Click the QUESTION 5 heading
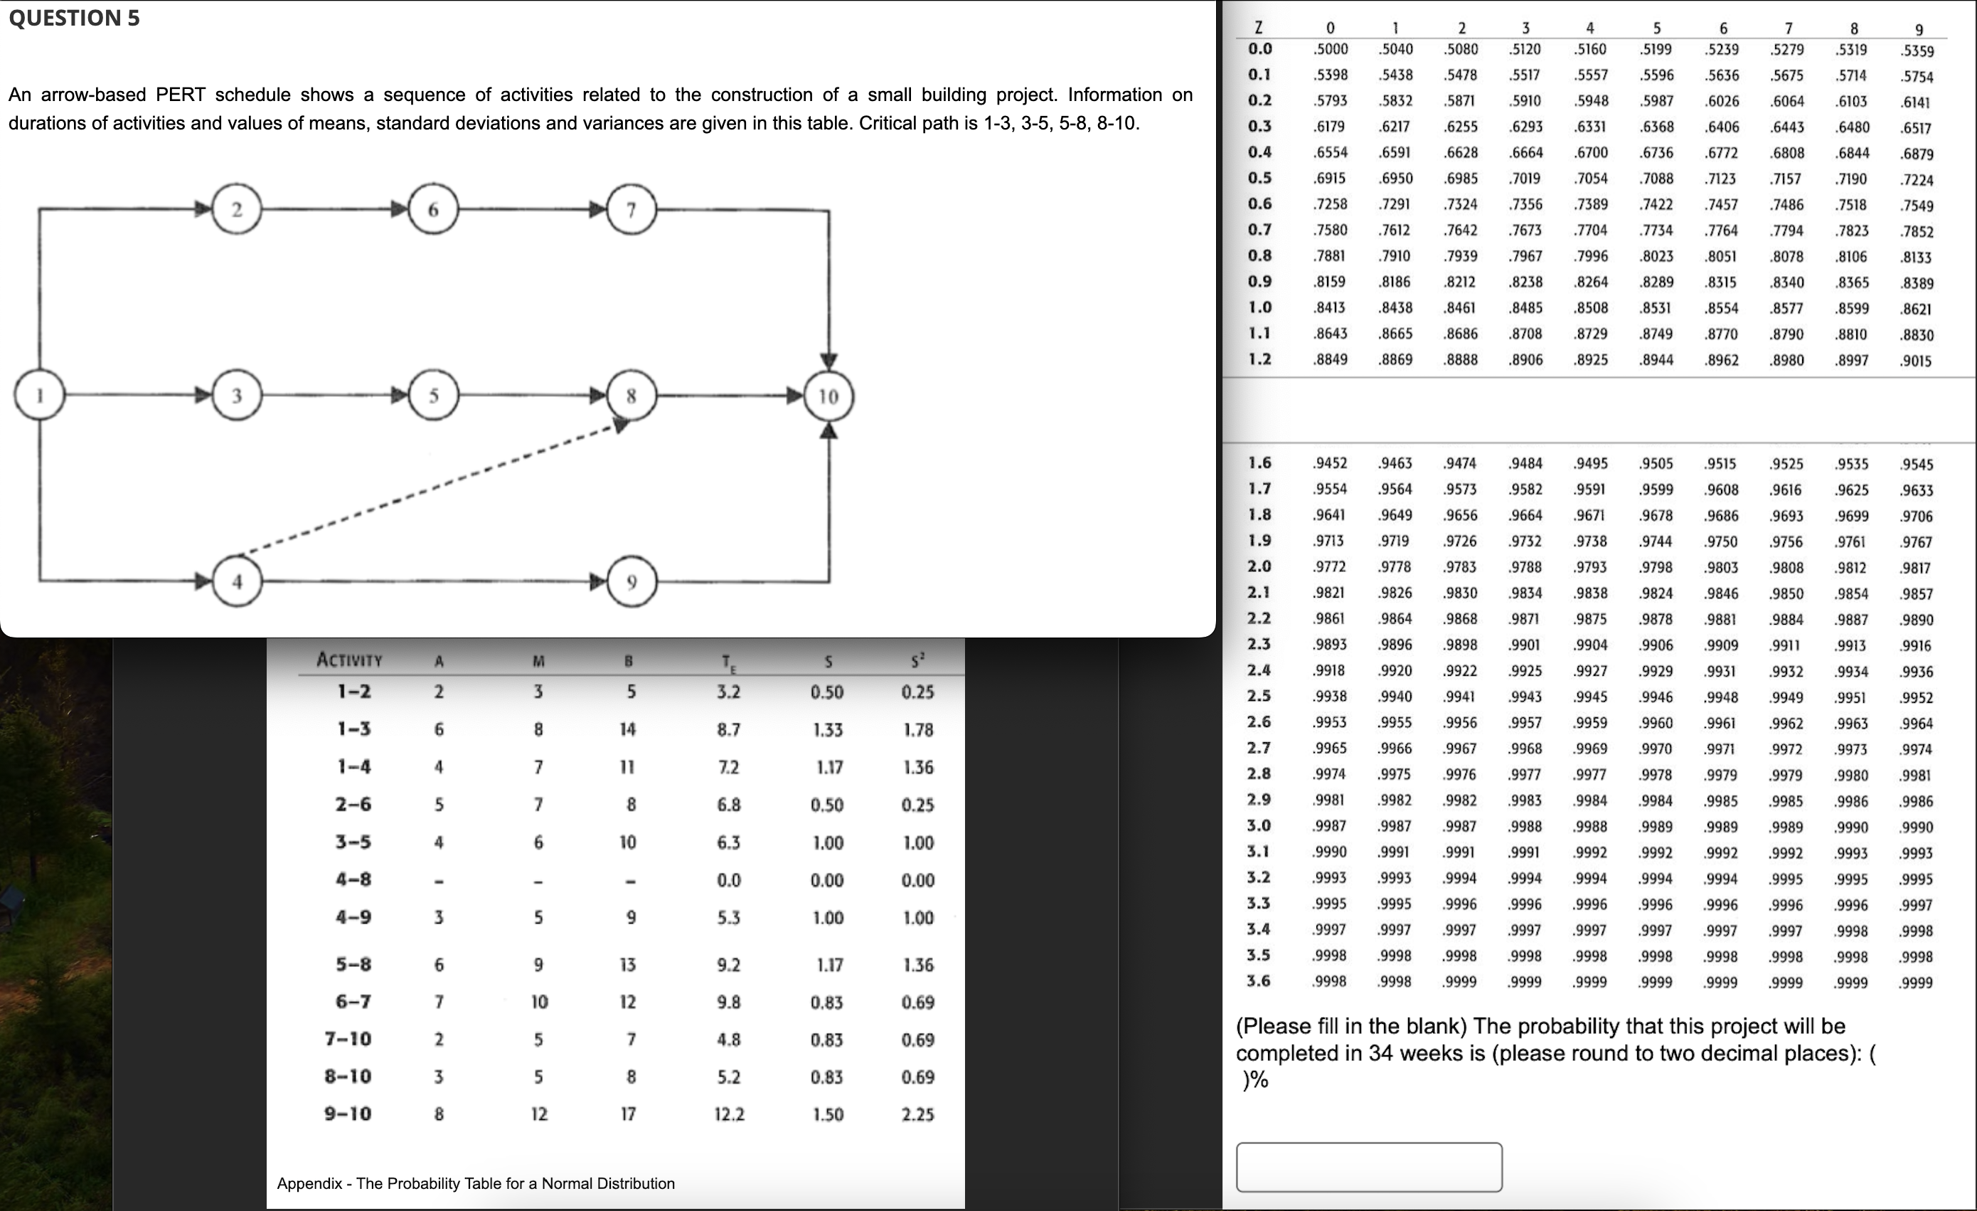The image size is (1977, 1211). pos(74,18)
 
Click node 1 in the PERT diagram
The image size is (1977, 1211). pos(39,394)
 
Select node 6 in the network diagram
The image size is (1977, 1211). pos(433,209)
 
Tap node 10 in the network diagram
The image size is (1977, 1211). pos(828,396)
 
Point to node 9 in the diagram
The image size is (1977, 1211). pos(632,582)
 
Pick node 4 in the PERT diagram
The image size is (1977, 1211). pos(237,582)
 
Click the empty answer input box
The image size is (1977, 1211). pos(1368,1166)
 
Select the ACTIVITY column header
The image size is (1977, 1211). pos(349,660)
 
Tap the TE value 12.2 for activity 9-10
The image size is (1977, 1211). pos(728,1114)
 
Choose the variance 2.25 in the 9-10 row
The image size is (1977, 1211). pos(917,1114)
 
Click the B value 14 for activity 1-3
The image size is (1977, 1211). pos(627,729)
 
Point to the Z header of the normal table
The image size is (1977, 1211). pos(1258,27)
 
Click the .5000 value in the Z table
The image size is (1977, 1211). pos(1331,49)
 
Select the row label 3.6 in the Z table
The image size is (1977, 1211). pos(1259,980)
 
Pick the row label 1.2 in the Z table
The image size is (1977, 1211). pos(1259,359)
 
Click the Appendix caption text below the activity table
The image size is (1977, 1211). pos(475,1183)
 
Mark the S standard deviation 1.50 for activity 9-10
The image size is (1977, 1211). pos(827,1114)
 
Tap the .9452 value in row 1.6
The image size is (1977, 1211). pos(1331,463)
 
